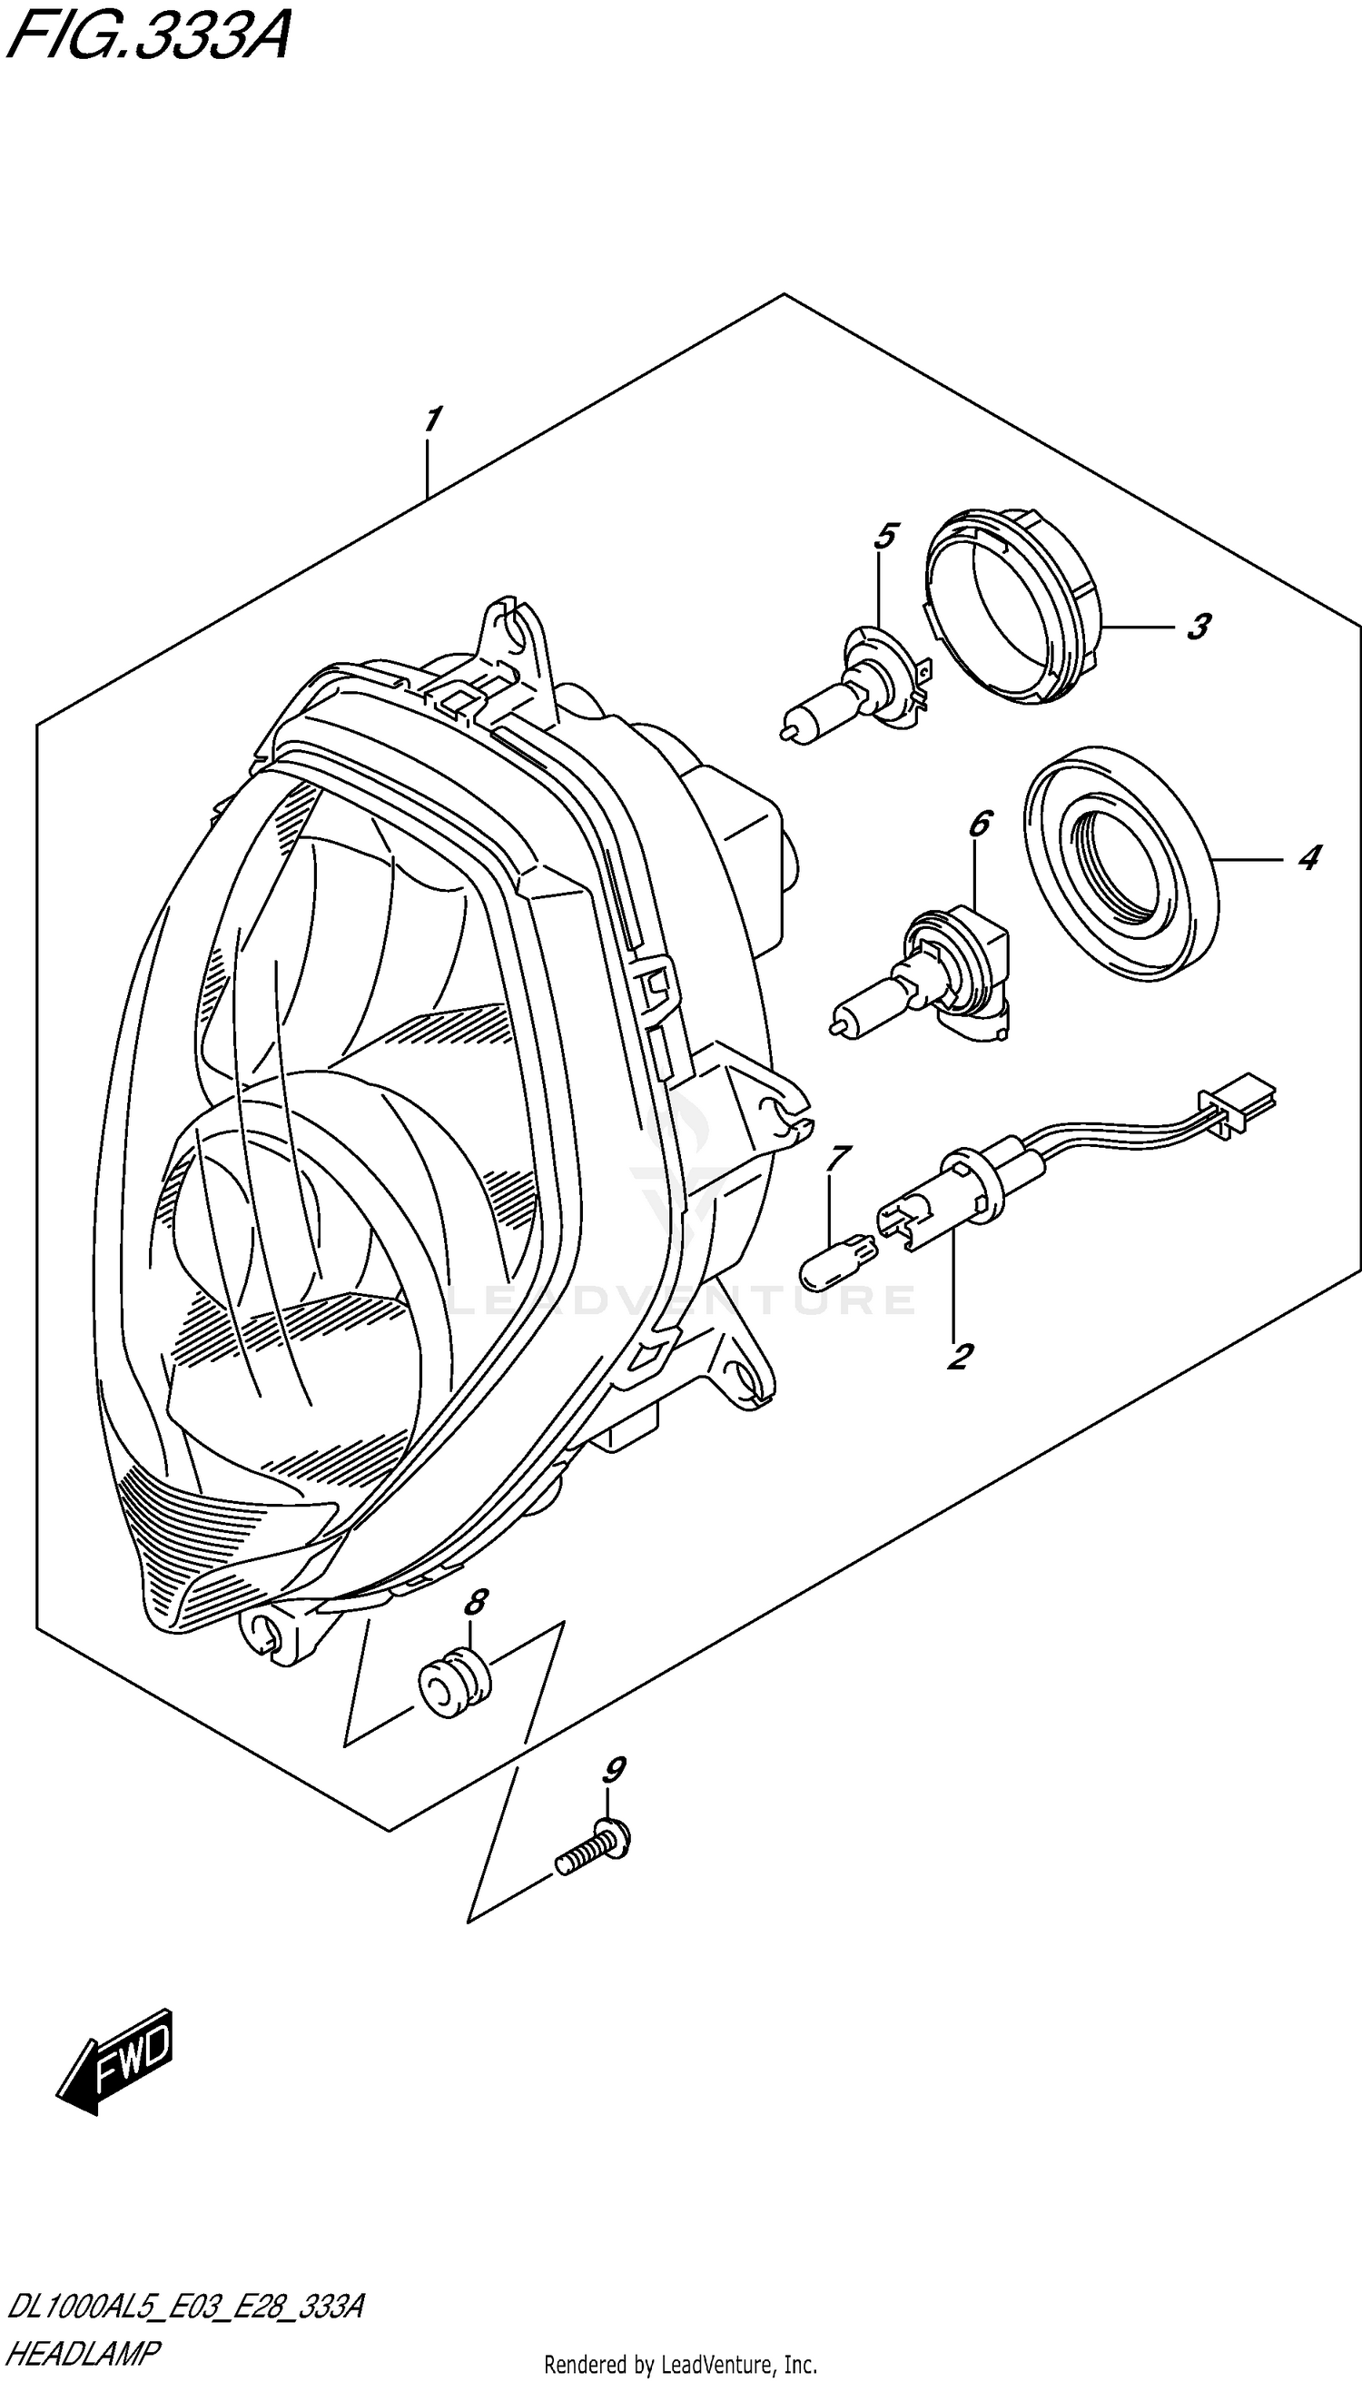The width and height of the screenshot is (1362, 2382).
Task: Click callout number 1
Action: [x=431, y=420]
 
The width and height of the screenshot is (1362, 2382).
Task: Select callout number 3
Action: [x=1199, y=626]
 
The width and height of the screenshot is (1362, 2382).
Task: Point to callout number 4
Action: [x=1308, y=856]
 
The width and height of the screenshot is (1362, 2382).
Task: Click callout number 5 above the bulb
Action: [x=885, y=536]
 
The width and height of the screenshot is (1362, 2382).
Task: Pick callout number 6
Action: [x=979, y=825]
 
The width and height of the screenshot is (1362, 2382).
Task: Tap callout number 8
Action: [x=475, y=1603]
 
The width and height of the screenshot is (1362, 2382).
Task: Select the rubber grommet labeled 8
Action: [x=454, y=1685]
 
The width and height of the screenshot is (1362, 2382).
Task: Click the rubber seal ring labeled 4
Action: [x=1121, y=861]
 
